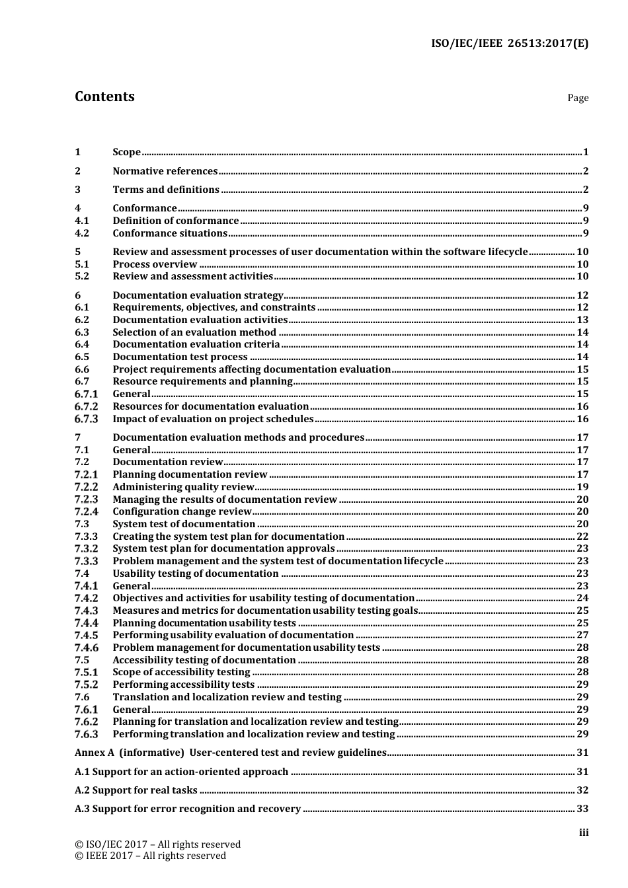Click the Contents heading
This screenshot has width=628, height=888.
tap(104, 96)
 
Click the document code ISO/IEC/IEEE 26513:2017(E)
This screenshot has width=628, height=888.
tap(509, 44)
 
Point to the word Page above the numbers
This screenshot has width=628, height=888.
tap(577, 98)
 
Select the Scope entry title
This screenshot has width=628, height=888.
tap(126, 152)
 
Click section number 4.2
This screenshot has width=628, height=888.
tap(82, 233)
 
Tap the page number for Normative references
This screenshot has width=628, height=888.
tap(585, 171)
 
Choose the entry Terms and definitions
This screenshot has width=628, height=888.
tap(166, 190)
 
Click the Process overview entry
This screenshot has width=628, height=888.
tap(155, 264)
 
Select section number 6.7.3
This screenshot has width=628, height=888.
tap(86, 419)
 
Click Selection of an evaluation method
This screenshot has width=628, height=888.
tap(194, 332)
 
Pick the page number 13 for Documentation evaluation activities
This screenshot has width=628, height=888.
tap(582, 320)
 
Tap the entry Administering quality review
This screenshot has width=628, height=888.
tap(183, 487)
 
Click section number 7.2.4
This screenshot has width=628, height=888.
tap(86, 511)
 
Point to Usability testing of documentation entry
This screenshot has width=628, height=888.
tap(196, 573)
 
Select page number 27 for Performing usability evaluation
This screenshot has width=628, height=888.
tap(582, 635)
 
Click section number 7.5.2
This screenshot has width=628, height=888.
tap(86, 684)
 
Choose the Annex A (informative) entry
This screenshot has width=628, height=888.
tap(230, 753)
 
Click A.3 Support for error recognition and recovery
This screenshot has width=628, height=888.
tap(188, 809)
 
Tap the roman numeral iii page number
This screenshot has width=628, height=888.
tap(584, 833)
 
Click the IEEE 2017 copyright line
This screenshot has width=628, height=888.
tap(150, 856)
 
